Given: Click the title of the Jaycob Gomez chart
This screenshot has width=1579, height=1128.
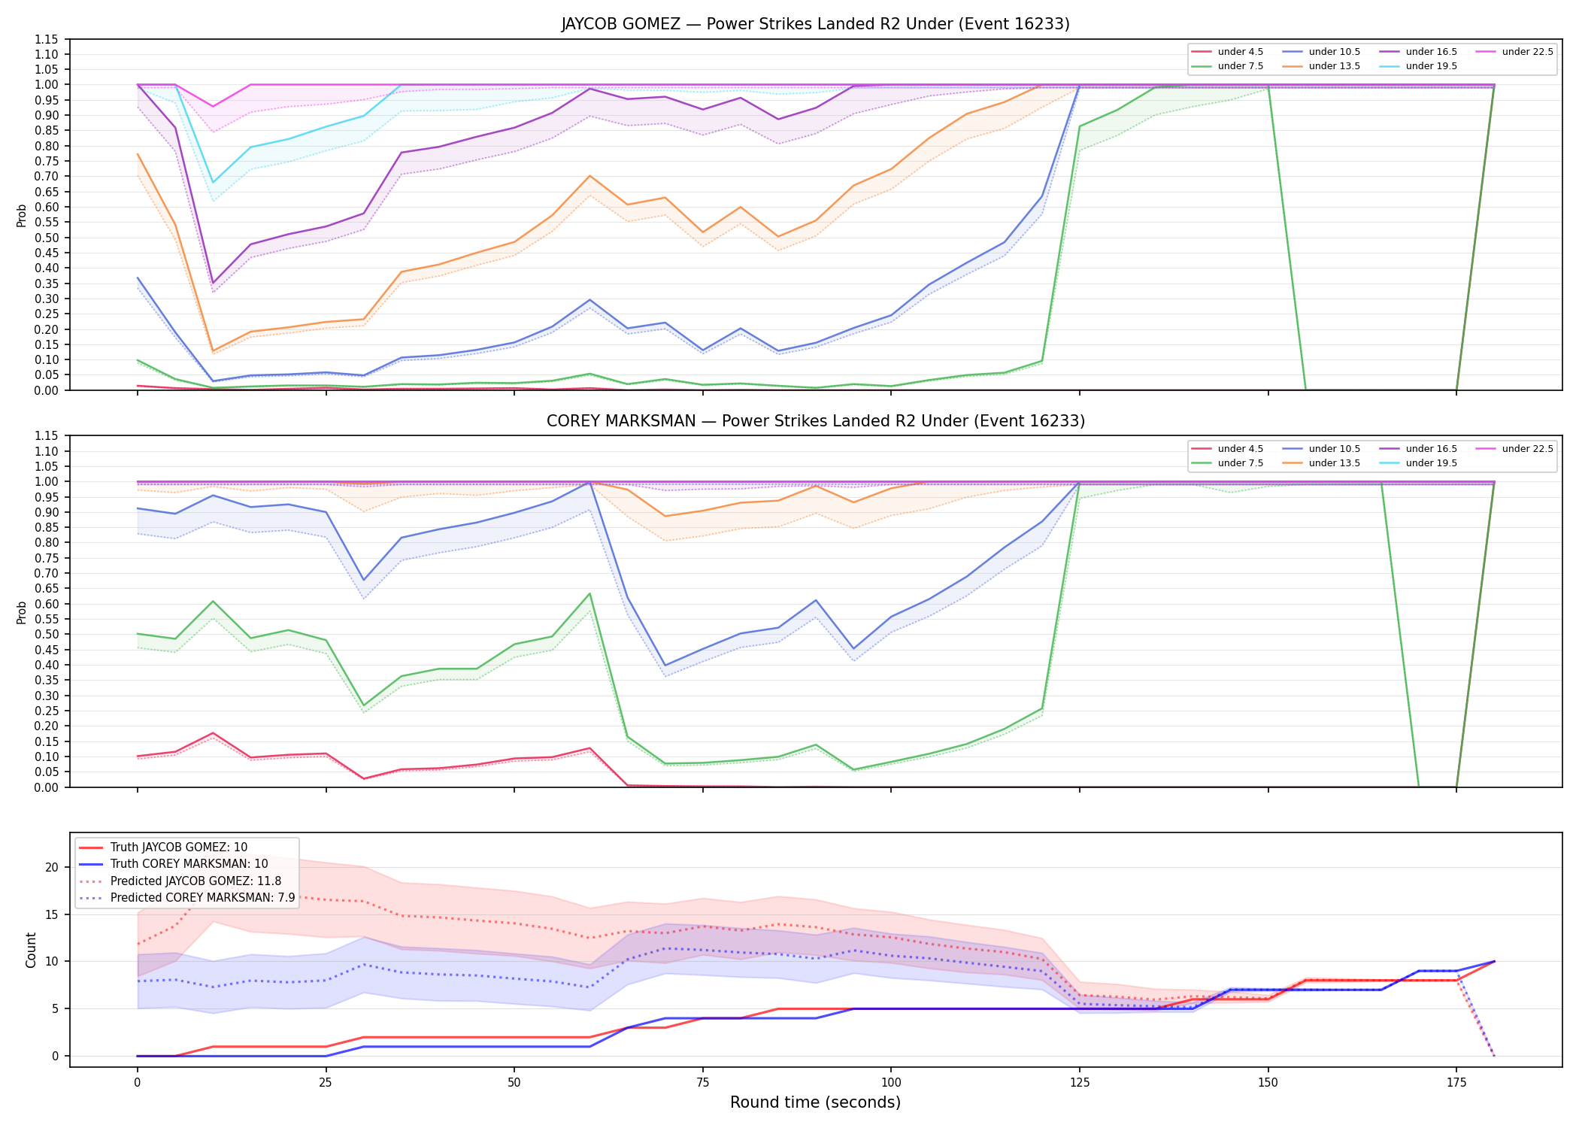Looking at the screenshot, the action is click(x=815, y=24).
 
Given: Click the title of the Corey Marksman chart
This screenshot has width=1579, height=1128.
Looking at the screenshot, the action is click(x=815, y=421).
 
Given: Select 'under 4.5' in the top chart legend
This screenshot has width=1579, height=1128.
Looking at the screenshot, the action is click(x=1240, y=52).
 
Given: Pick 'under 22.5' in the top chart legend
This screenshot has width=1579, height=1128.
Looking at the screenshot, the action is click(x=1527, y=52).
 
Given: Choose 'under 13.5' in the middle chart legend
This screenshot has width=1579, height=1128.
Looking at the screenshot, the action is click(x=1334, y=463).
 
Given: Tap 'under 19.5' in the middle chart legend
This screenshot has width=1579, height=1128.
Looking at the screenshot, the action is click(x=1431, y=463).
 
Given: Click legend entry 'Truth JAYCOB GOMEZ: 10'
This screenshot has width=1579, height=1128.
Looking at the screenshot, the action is click(x=179, y=848).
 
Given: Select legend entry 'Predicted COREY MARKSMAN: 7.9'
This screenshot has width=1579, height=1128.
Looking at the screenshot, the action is click(x=203, y=898).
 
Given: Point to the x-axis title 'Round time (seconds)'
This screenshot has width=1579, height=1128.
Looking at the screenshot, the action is click(x=815, y=1102).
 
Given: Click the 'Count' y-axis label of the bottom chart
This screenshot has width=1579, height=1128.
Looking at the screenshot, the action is click(x=31, y=950).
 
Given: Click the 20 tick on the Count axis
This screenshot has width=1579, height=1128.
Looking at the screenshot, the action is click(x=52, y=867).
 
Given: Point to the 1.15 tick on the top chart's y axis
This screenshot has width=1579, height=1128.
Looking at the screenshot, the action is click(x=46, y=39).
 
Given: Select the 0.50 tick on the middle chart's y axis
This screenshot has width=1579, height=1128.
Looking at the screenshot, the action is click(x=46, y=634).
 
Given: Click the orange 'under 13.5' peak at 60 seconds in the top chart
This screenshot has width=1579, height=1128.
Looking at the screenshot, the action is click(x=590, y=176).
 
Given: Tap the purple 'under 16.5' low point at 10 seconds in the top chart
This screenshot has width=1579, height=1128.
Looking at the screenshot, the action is click(x=213, y=284).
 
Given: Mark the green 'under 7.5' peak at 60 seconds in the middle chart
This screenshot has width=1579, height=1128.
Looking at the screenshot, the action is click(x=590, y=594).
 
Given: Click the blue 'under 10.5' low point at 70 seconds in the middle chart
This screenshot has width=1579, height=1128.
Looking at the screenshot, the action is click(x=665, y=666).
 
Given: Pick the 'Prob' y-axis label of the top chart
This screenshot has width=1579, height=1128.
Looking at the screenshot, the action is click(x=22, y=216).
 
